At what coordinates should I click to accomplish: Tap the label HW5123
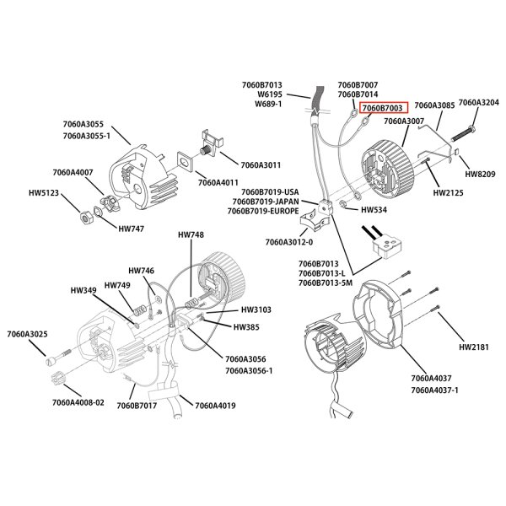click(x=44, y=192)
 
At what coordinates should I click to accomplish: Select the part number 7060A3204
click(x=477, y=103)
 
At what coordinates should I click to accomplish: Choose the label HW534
click(x=373, y=209)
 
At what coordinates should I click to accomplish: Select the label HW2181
click(x=474, y=346)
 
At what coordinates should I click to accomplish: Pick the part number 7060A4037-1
click(x=434, y=390)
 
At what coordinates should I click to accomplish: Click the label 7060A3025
click(x=27, y=335)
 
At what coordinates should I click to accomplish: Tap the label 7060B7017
click(x=137, y=406)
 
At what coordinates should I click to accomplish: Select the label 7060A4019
click(x=215, y=406)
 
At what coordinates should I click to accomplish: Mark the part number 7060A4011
click(x=218, y=181)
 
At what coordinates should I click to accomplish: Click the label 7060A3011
click(x=261, y=165)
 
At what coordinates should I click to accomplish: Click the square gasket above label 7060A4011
click(x=186, y=159)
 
